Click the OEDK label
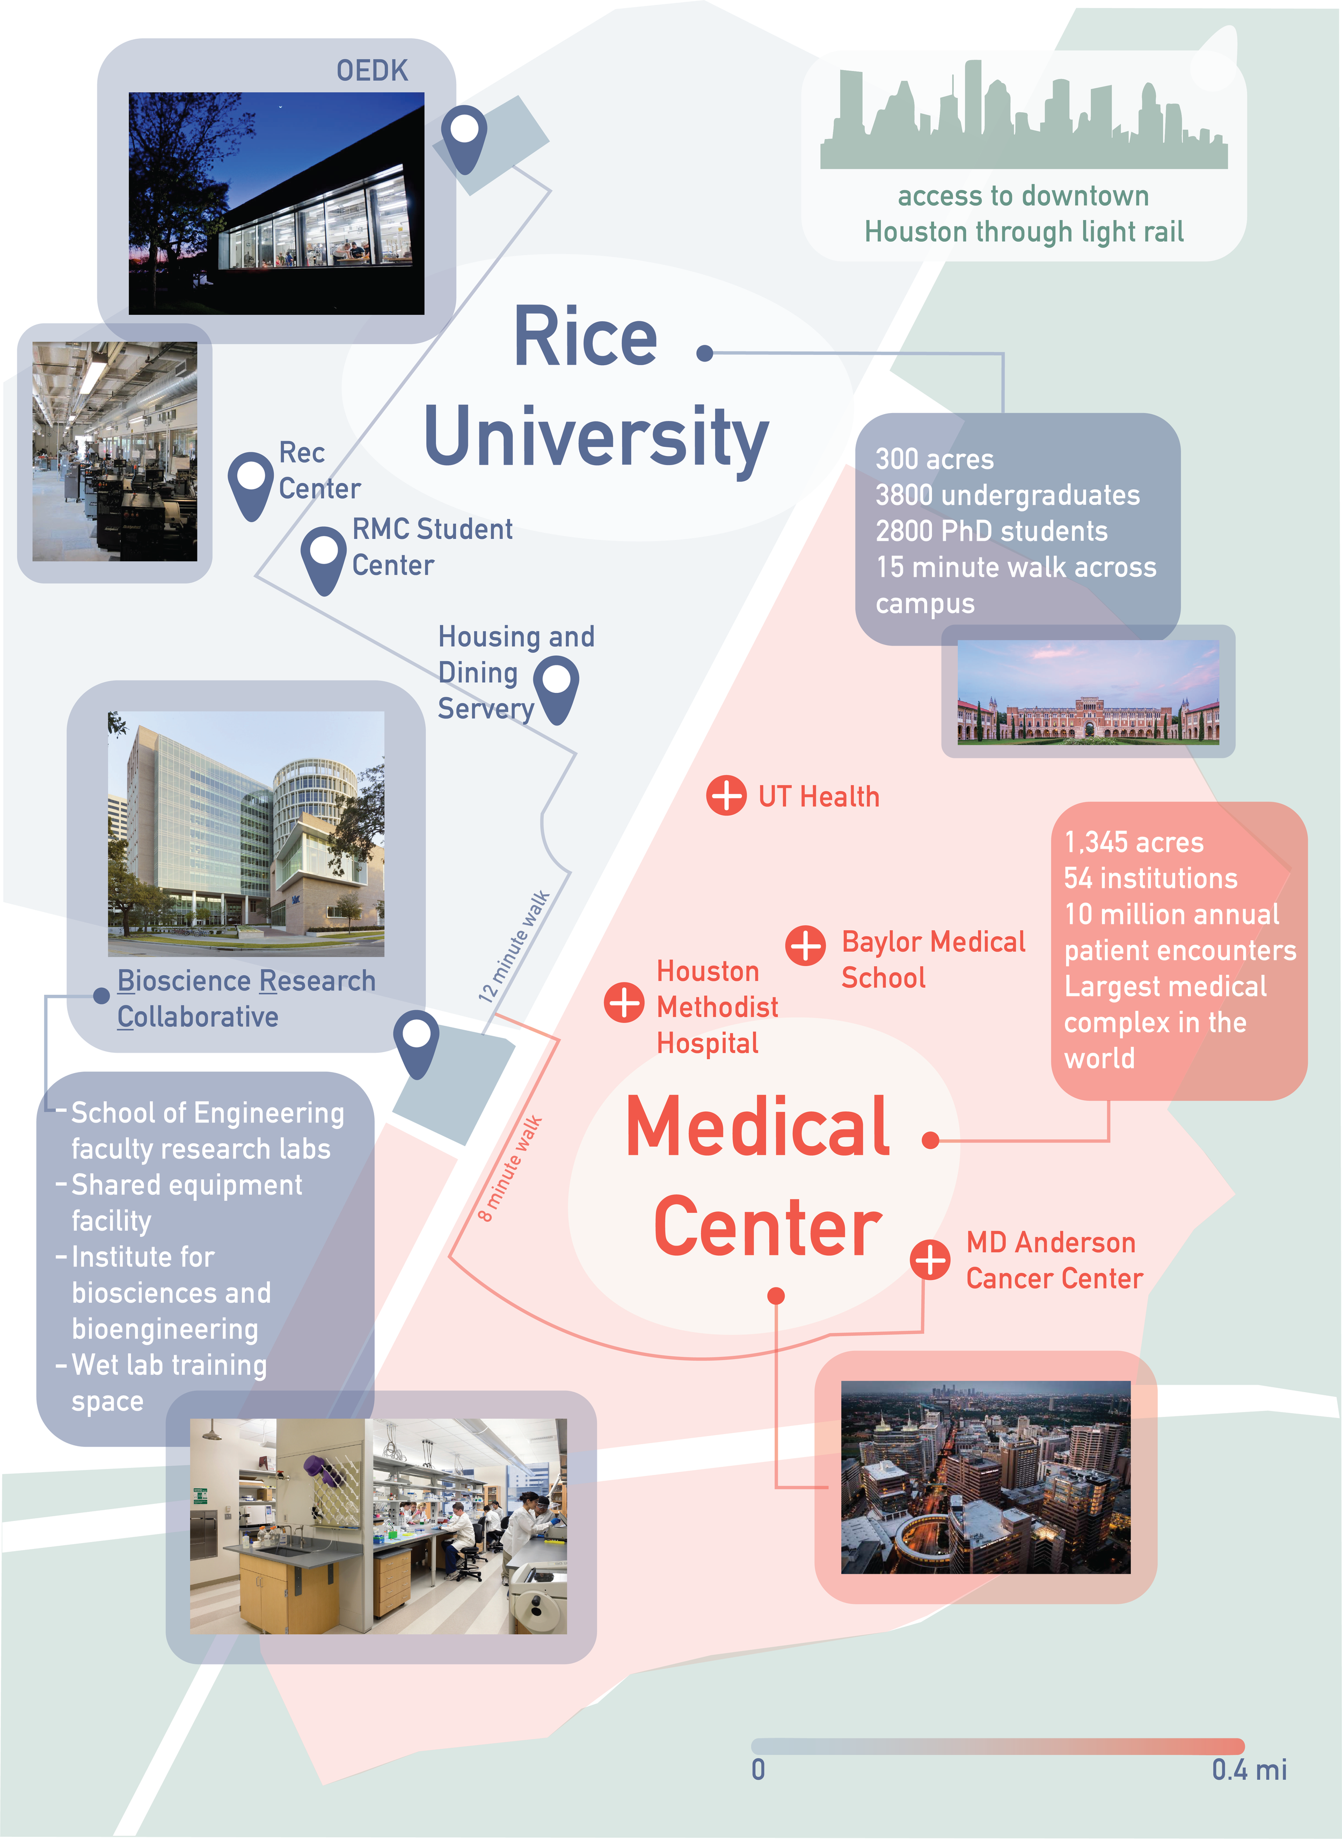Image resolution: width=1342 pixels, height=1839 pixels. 372,71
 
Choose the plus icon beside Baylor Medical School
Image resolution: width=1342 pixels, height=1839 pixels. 805,945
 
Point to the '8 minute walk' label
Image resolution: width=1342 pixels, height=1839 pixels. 509,1169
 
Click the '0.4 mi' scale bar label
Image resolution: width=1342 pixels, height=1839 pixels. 1249,1769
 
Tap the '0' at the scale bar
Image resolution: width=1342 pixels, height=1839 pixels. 758,1769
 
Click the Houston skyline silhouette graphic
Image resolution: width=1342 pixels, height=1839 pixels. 1024,118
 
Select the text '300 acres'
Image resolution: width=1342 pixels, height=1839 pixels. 934,459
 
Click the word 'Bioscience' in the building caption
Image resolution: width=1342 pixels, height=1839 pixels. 185,981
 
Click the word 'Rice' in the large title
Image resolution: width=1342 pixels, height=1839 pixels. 585,337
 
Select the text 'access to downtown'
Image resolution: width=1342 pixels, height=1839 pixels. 1023,196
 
